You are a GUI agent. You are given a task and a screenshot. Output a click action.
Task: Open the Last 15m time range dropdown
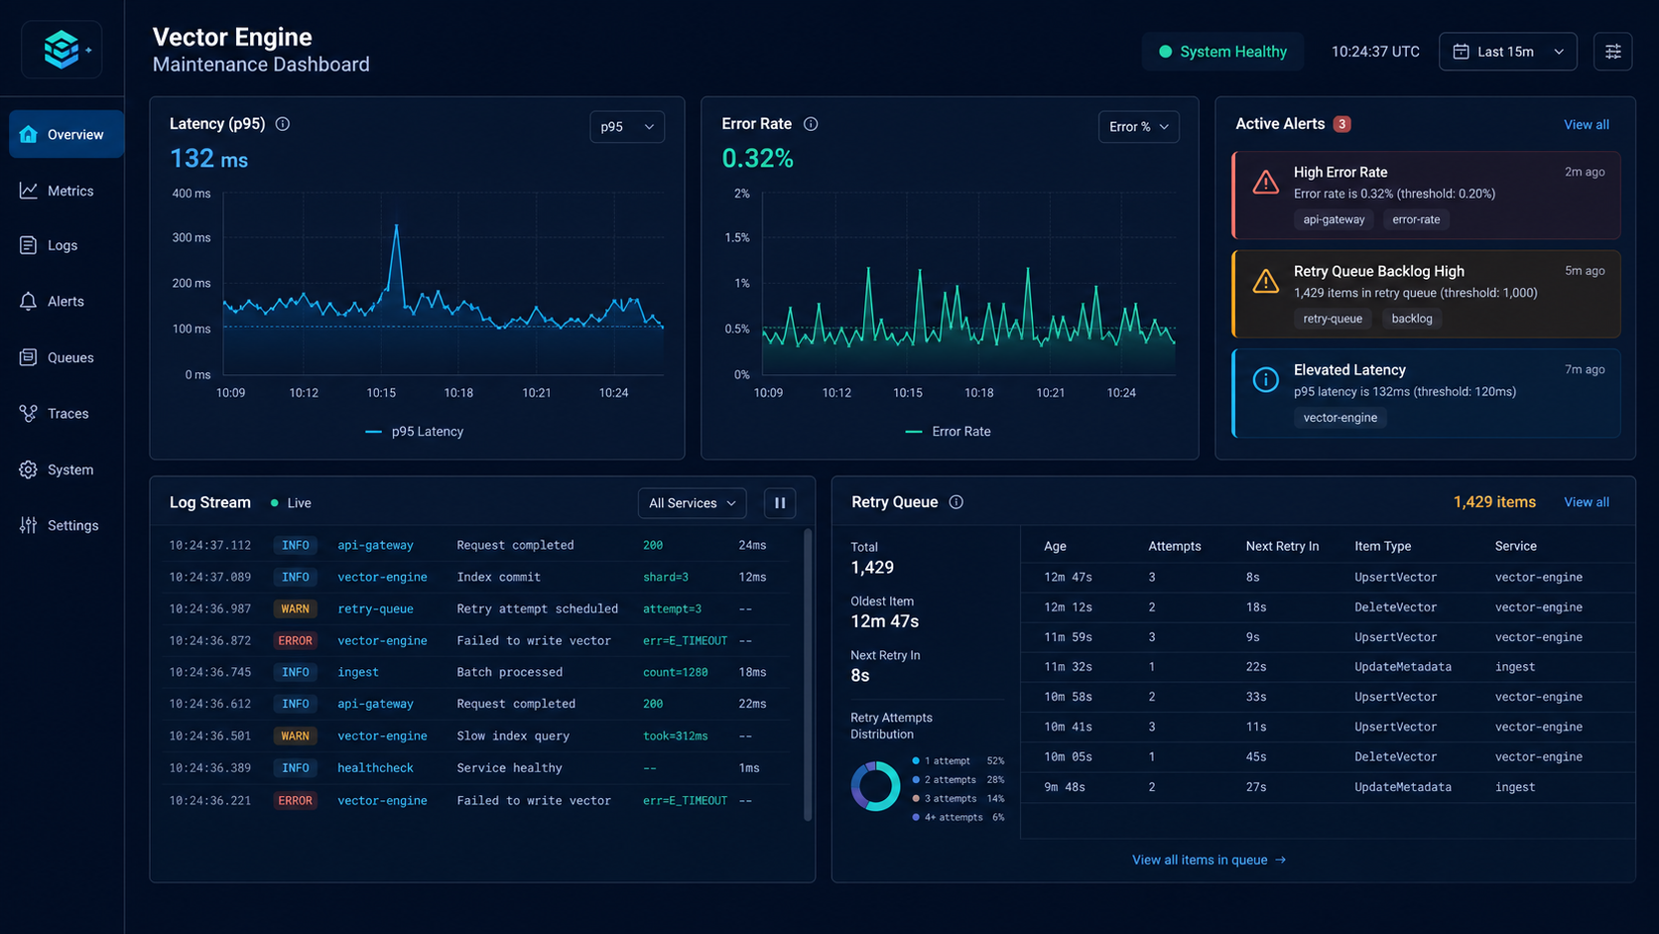[x=1507, y=51]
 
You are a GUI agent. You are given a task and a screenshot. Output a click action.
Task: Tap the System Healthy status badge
[x=1222, y=51]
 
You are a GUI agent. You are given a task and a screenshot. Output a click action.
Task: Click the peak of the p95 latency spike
[x=396, y=225]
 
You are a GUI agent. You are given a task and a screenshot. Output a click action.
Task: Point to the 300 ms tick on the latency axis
[x=191, y=238]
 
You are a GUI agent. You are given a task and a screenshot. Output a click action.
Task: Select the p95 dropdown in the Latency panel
[x=626, y=127]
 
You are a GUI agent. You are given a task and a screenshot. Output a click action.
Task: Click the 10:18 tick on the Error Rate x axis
[x=978, y=393]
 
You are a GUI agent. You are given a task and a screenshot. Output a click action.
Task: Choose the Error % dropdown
[x=1138, y=127]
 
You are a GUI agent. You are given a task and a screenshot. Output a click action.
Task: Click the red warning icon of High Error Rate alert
[x=1265, y=183]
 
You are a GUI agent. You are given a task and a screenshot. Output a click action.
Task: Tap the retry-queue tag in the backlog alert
[x=1333, y=319]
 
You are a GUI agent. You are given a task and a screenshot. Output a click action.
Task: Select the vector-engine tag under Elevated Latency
[x=1340, y=418]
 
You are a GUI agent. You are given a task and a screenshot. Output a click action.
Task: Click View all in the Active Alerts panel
[x=1586, y=124]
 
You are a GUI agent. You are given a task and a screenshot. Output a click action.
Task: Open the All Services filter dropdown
[x=692, y=503]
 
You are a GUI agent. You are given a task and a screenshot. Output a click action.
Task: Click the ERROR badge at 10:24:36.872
[x=295, y=640]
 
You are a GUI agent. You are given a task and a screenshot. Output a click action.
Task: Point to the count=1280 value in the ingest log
[x=675, y=672]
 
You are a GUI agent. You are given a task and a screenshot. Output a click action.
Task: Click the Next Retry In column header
[x=1282, y=546]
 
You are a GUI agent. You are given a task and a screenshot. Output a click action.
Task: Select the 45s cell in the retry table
[x=1255, y=757]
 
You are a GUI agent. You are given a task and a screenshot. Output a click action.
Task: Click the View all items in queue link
[x=1209, y=860]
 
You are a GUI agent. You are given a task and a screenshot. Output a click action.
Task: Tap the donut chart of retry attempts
[x=875, y=786]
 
